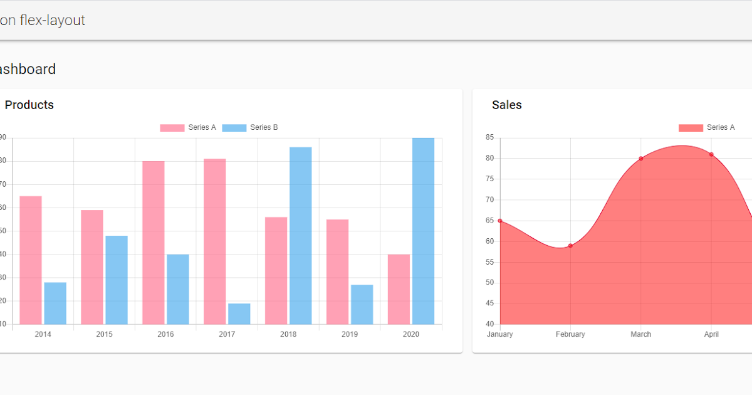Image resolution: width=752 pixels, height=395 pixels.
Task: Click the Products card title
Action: pos(29,105)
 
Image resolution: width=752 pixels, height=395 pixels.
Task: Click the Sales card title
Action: pos(506,105)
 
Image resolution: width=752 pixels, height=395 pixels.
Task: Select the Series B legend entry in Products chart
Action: pos(250,127)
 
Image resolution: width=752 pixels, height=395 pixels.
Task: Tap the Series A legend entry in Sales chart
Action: pos(707,127)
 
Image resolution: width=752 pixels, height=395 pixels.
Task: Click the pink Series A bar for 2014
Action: pos(31,260)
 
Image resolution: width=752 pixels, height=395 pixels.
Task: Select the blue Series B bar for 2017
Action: pos(239,313)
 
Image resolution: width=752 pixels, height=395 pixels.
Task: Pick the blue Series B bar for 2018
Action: pos(300,235)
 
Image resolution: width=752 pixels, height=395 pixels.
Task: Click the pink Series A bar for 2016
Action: pos(154,243)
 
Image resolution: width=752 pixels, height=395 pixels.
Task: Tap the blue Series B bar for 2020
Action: pos(423,231)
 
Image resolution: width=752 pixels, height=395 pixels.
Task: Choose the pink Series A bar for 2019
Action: pos(337,271)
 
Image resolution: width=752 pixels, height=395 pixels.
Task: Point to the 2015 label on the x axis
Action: pos(104,334)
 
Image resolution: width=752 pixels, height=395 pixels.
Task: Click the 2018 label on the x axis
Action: pos(288,334)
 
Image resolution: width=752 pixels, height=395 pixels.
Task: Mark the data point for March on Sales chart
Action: pos(640,159)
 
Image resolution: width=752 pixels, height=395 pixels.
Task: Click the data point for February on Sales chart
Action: pos(570,246)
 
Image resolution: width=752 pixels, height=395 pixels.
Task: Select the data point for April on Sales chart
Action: pos(711,154)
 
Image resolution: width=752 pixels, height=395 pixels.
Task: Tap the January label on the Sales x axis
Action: pos(499,334)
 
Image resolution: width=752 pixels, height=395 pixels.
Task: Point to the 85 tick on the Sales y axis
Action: pos(489,137)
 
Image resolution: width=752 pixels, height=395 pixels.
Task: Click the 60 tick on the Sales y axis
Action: pos(489,241)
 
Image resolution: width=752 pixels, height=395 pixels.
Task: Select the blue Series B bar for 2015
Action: pos(117,280)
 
